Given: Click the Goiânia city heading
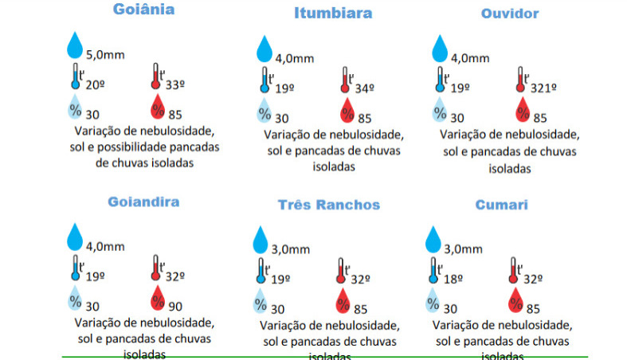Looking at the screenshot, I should [x=143, y=10].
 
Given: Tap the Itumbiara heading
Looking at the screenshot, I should [x=333, y=14].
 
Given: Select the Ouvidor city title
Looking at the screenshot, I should [x=510, y=14].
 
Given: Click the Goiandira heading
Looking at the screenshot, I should [x=143, y=202].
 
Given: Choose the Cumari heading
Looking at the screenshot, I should [x=502, y=205].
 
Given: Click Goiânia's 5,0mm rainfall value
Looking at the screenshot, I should [x=105, y=54].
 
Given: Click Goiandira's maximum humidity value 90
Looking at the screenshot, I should [x=176, y=306].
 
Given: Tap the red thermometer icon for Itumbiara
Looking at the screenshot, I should [x=345, y=80].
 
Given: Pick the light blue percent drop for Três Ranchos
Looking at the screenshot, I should [x=260, y=302].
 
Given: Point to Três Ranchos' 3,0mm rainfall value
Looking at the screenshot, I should [x=291, y=249].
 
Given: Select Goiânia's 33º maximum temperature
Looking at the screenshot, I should [x=175, y=84].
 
